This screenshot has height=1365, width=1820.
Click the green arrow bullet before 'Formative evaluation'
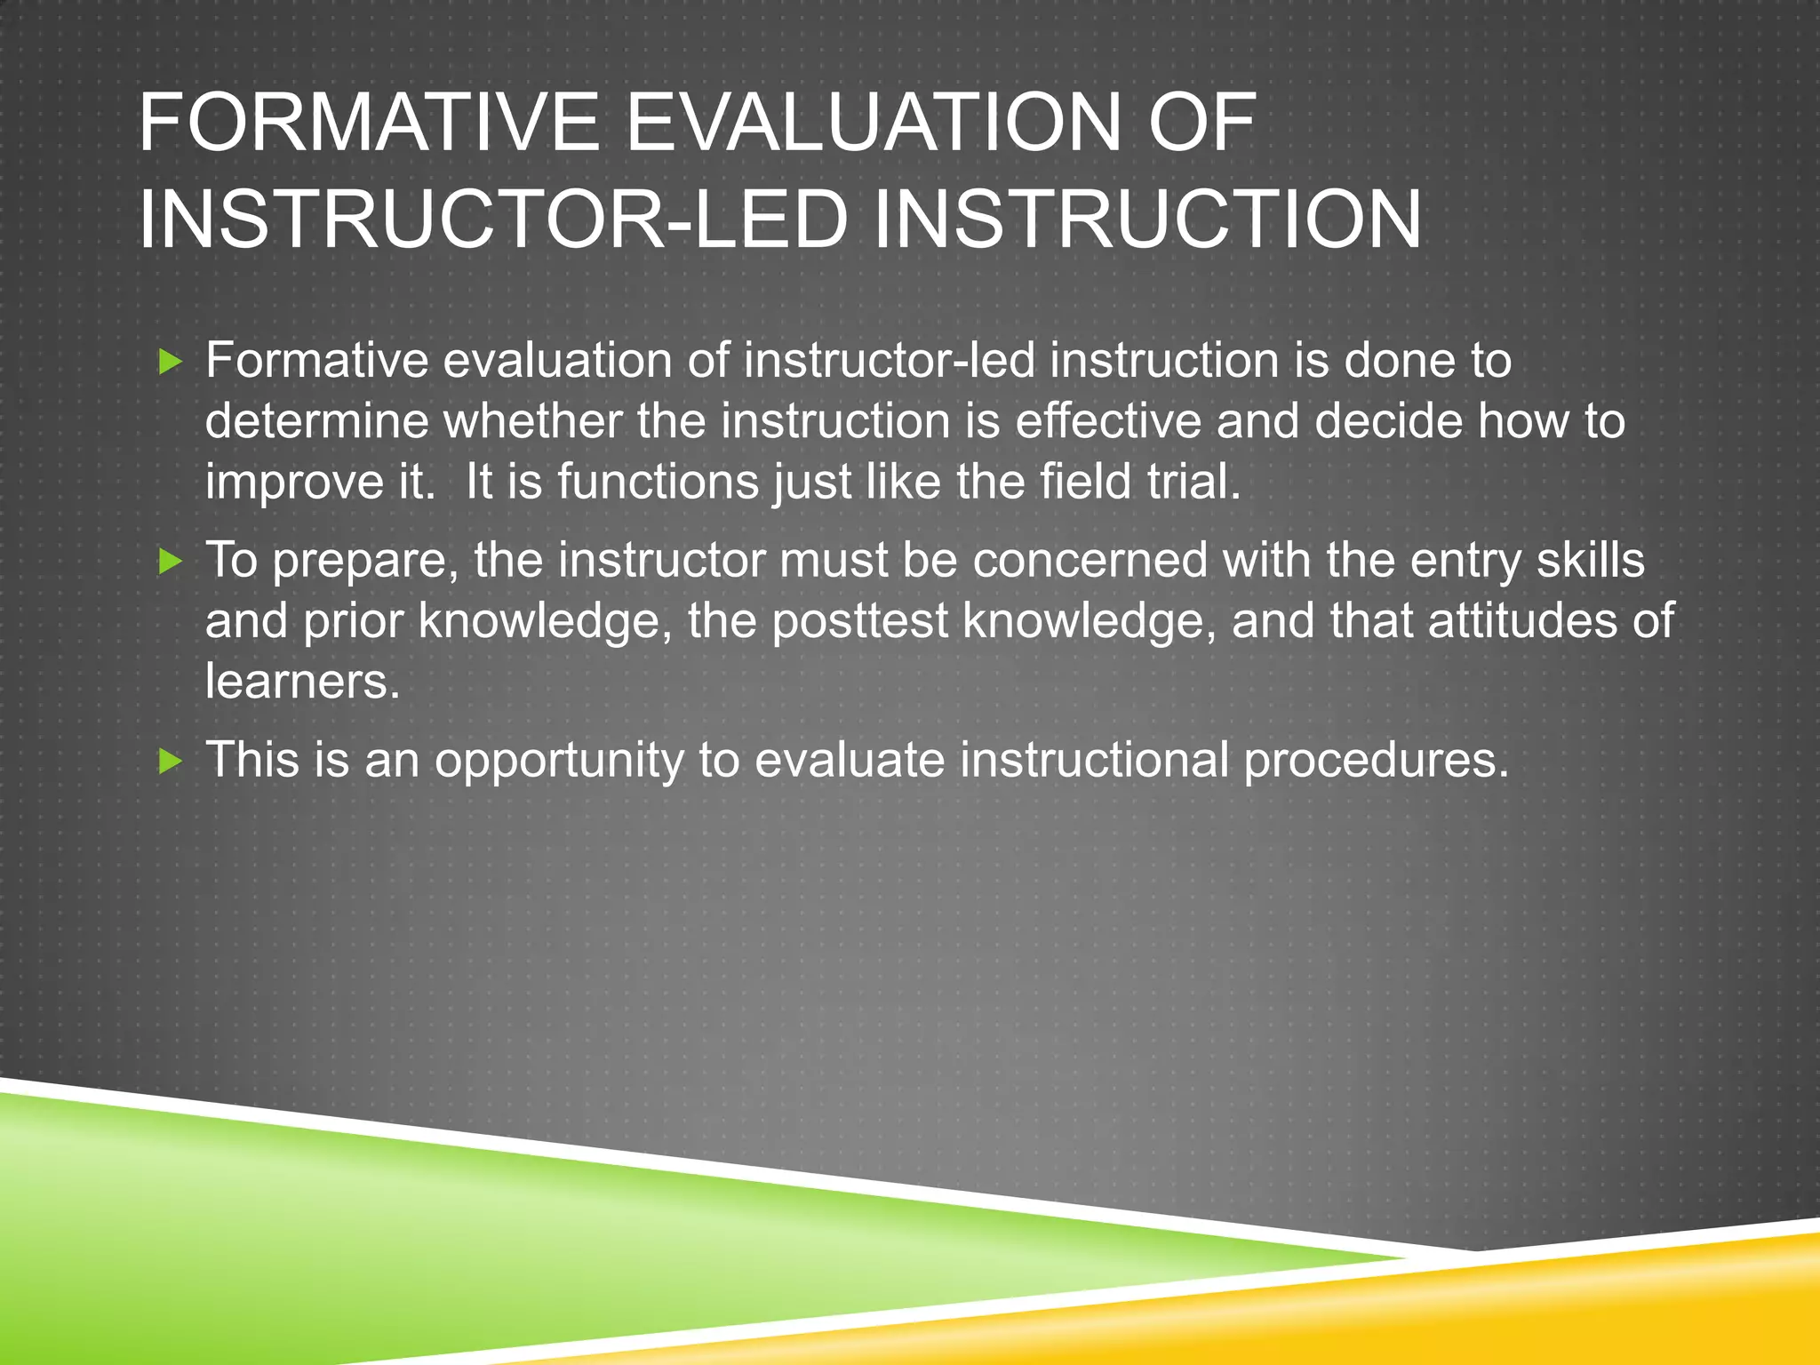click(170, 362)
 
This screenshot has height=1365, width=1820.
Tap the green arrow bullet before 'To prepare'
click(170, 562)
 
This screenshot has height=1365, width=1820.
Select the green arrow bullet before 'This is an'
click(170, 762)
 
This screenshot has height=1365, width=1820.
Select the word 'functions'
click(657, 482)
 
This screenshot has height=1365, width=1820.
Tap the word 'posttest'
click(859, 620)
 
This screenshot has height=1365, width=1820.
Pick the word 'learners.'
click(303, 682)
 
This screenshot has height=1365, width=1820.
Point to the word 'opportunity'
click(559, 762)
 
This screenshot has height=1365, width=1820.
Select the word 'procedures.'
click(1376, 762)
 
